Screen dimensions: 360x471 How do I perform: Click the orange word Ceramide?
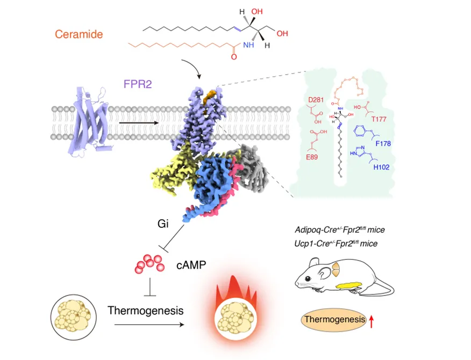click(x=78, y=34)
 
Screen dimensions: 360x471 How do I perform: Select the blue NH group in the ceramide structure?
click(x=248, y=45)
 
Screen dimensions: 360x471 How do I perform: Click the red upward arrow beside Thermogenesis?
click(x=370, y=321)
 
